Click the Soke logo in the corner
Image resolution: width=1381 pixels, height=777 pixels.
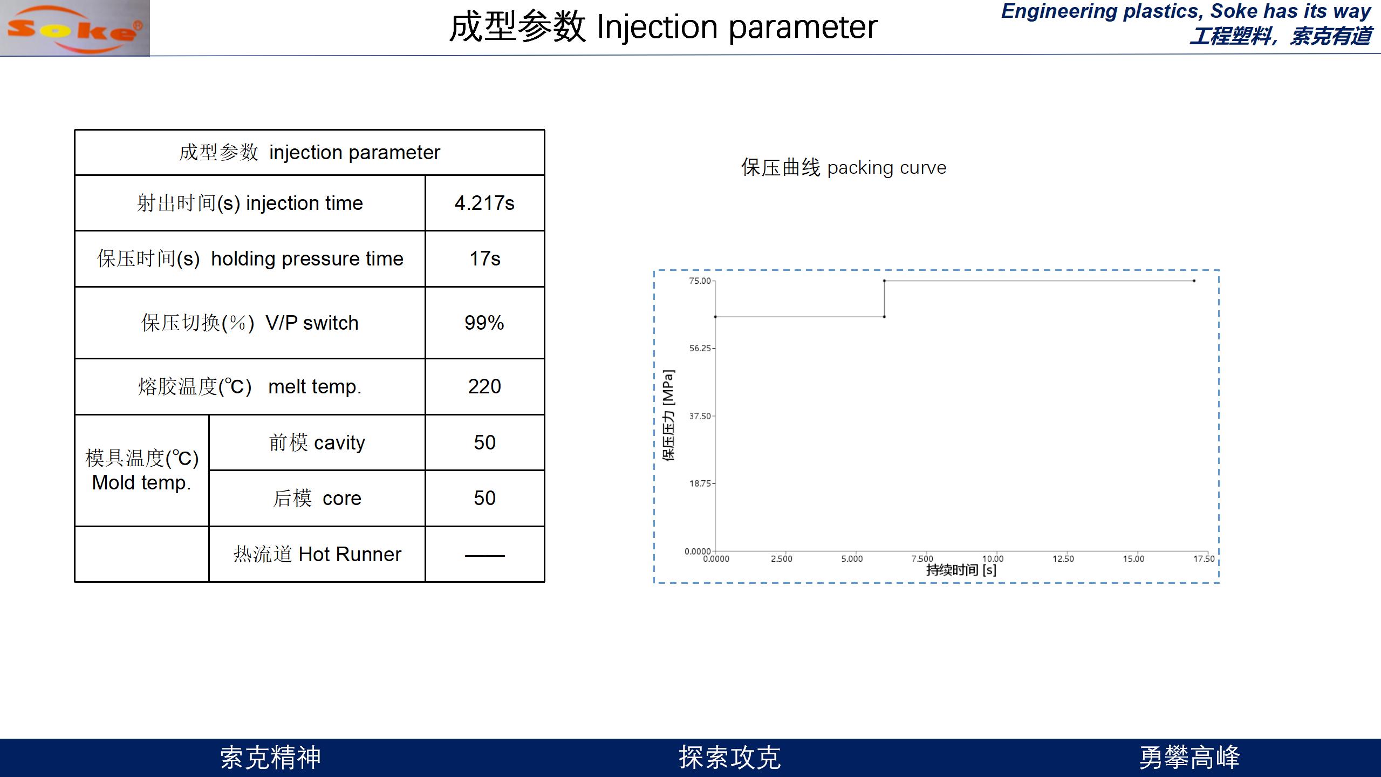pos(75,28)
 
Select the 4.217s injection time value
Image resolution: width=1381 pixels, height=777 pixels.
pos(484,203)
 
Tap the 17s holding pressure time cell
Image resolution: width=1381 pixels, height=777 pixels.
pos(484,259)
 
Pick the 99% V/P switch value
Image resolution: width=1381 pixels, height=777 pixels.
pos(484,323)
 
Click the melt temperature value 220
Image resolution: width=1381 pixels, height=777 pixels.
pos(484,386)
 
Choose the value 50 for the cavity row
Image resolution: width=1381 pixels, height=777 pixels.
pos(484,442)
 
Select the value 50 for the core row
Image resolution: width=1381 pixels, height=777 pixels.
pos(484,498)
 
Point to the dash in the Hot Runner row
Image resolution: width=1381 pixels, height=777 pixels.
pos(484,555)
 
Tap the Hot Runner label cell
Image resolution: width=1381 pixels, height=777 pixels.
pos(317,554)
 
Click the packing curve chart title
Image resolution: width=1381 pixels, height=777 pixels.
pos(844,168)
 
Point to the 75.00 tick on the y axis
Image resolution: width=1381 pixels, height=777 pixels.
pos(700,281)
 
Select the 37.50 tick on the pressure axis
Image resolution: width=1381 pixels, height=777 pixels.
pos(700,416)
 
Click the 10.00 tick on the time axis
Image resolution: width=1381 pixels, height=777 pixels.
pos(993,559)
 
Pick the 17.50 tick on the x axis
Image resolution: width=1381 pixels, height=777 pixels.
pos(1204,559)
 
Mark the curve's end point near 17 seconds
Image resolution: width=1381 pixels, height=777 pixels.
pos(1194,281)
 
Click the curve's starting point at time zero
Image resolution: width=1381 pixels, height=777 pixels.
pos(715,317)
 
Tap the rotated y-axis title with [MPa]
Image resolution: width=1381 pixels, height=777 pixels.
pos(668,415)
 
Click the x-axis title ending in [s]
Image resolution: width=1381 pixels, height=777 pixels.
pos(961,570)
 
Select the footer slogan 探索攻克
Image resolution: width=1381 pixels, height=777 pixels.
pos(729,758)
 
